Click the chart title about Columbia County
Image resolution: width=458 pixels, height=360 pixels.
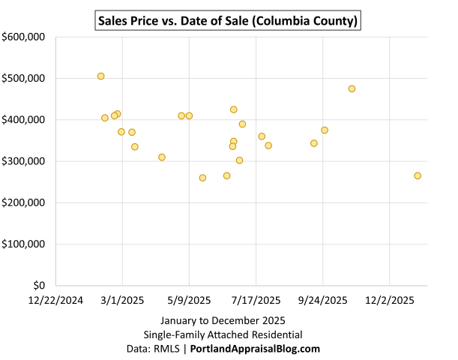(x=229, y=20)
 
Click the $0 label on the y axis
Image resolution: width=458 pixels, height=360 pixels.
(x=40, y=286)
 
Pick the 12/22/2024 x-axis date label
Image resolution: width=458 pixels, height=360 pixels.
(x=56, y=300)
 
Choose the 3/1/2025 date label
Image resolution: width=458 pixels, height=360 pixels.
(x=123, y=300)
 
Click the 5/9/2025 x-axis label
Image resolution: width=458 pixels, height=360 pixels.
(x=189, y=300)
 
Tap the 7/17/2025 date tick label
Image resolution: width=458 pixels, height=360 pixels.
(x=256, y=300)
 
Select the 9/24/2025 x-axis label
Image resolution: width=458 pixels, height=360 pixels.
(x=323, y=300)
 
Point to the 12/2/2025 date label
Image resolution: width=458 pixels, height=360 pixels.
(x=390, y=300)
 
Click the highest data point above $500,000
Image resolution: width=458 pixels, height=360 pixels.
(x=100, y=76)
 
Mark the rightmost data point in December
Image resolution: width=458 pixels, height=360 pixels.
(x=418, y=175)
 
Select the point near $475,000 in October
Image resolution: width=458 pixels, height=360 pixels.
(x=352, y=88)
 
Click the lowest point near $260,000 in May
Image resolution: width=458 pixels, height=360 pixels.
(x=202, y=178)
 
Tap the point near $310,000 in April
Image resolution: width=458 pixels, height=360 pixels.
(x=162, y=157)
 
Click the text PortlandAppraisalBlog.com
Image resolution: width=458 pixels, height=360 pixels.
(x=255, y=349)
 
